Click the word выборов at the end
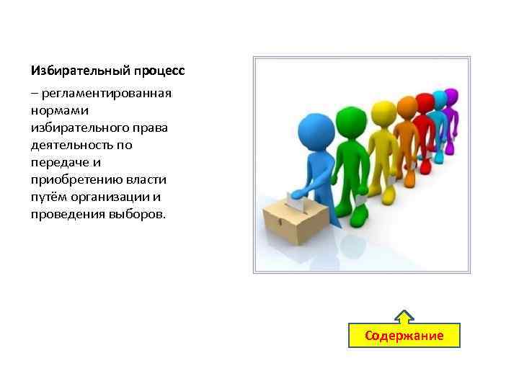coord(141,214)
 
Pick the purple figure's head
coord(451,96)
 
